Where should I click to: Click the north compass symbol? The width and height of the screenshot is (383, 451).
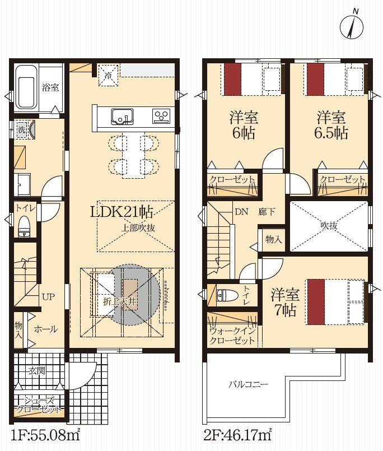[x=352, y=25]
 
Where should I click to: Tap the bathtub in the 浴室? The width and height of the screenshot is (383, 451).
[x=26, y=88]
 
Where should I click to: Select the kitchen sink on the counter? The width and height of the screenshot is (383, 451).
[x=122, y=117]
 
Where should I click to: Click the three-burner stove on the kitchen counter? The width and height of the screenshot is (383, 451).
[x=161, y=115]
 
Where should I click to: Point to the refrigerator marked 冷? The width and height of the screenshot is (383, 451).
[x=108, y=76]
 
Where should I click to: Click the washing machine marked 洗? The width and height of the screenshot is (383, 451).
[x=22, y=129]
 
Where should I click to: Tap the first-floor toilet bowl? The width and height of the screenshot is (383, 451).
[x=24, y=227]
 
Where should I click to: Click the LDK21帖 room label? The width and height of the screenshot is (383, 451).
[x=122, y=212]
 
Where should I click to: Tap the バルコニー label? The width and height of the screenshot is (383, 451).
[x=249, y=384]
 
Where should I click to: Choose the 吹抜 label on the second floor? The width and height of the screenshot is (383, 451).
[x=329, y=226]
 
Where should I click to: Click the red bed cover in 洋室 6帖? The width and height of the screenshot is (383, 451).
[x=232, y=79]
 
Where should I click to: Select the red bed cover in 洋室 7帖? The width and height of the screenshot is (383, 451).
[x=316, y=302]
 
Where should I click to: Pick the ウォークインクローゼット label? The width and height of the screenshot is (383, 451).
[x=232, y=336]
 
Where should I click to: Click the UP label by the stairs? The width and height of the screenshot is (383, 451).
[x=48, y=296]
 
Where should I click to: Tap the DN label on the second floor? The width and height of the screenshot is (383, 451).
[x=241, y=212]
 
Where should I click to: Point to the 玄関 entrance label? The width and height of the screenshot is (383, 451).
[x=37, y=371]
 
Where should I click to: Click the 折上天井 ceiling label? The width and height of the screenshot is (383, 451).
[x=120, y=302]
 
